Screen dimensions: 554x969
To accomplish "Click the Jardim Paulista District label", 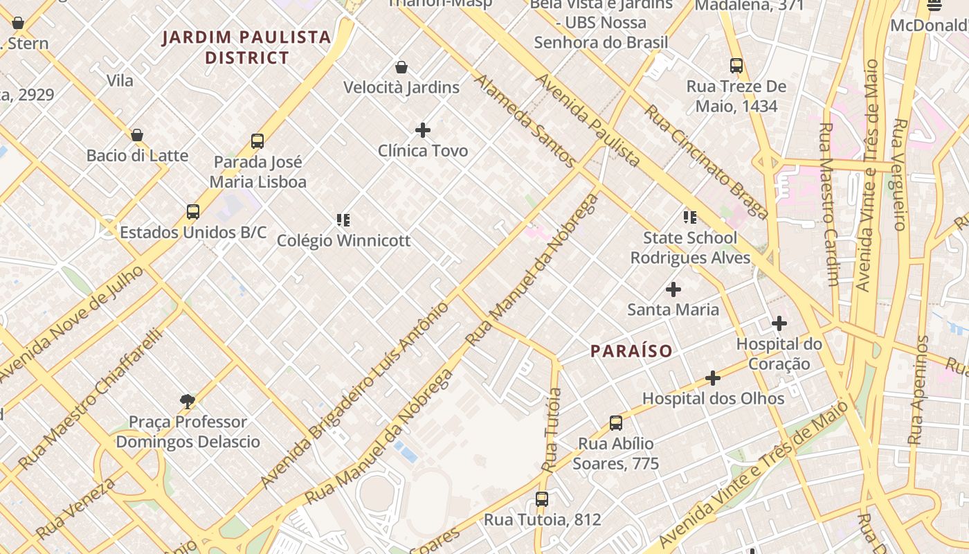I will [246, 47].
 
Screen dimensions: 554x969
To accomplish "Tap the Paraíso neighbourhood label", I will [631, 351].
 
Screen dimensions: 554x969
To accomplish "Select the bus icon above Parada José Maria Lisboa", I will [257, 141].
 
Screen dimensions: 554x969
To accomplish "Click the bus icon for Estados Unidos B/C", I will [193, 212].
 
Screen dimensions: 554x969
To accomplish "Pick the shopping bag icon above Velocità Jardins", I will [401, 67].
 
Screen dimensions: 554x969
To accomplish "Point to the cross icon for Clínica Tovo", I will [423, 130].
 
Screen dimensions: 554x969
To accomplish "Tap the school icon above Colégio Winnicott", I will [343, 220].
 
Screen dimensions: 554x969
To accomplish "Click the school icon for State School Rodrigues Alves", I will [689, 217].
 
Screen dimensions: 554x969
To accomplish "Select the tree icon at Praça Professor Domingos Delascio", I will [187, 401].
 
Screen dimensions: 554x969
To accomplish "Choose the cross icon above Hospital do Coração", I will [779, 323].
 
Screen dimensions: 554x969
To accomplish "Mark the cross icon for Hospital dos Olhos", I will [713, 378].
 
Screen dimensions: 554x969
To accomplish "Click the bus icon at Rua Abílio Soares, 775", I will [616, 423].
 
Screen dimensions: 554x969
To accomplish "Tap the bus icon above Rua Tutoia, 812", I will [542, 499].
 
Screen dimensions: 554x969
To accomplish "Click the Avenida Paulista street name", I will [587, 120].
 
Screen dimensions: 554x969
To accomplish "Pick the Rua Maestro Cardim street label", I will [829, 204].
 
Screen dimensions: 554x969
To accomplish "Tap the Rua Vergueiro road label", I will [900, 175].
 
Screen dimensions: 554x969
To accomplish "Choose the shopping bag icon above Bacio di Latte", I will [137, 135].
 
